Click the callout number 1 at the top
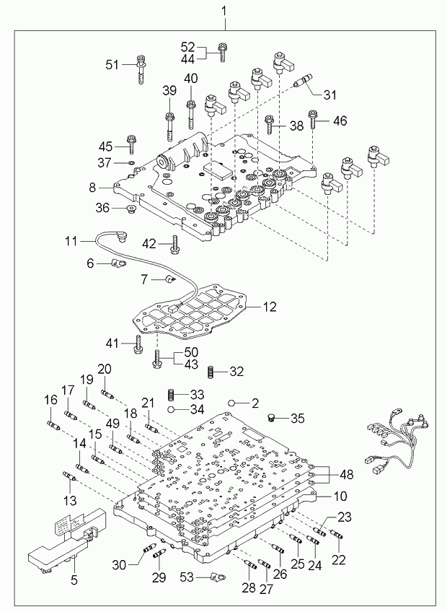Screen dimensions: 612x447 (223, 11)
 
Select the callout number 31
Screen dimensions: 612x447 (329, 95)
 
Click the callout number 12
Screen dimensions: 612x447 (268, 307)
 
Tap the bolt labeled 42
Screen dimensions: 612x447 (174, 245)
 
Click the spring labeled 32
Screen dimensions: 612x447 (211, 372)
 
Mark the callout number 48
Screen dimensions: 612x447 (347, 474)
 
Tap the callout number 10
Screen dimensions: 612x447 (339, 497)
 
